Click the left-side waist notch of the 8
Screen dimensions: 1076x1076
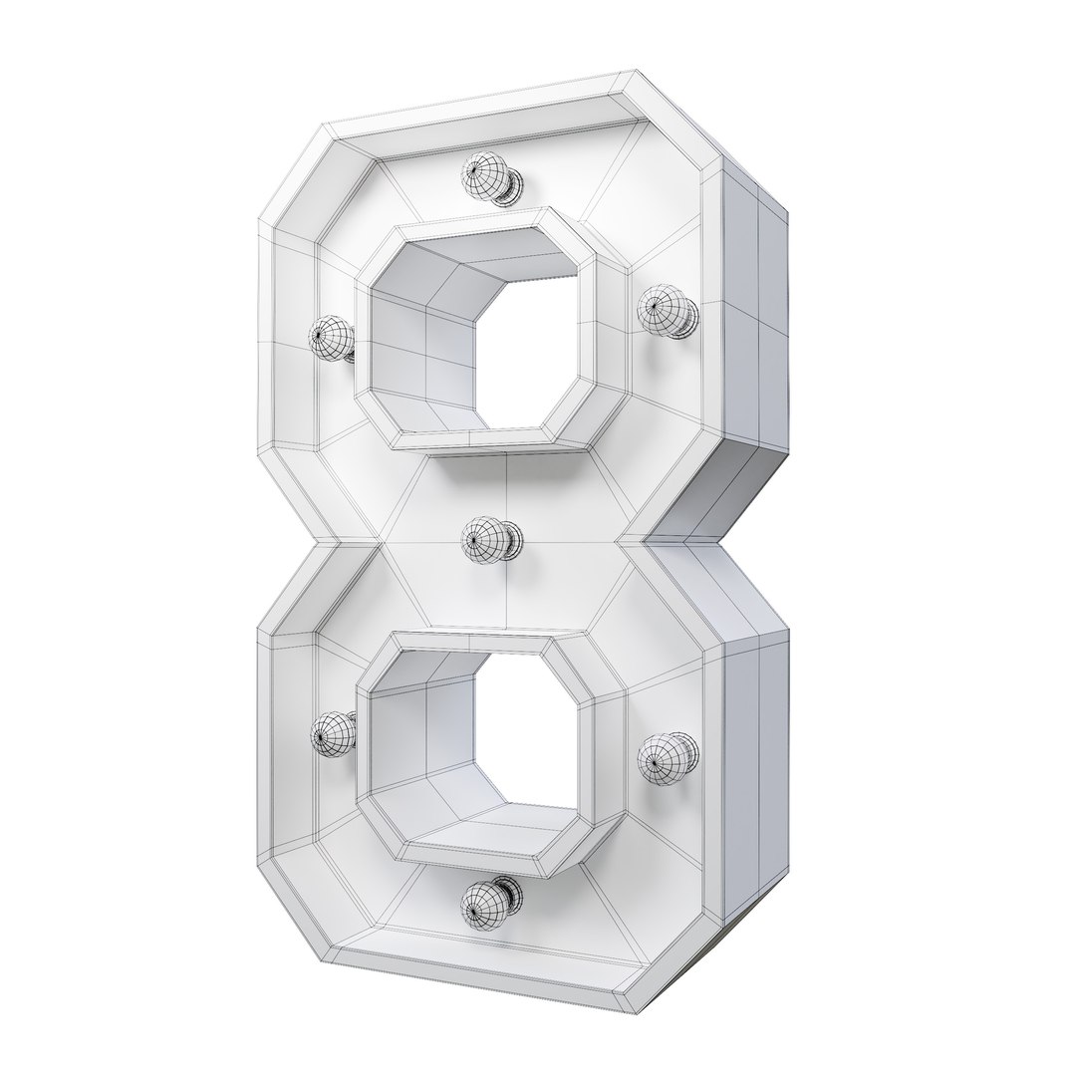(329, 543)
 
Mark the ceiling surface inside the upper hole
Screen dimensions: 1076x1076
(498, 254)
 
